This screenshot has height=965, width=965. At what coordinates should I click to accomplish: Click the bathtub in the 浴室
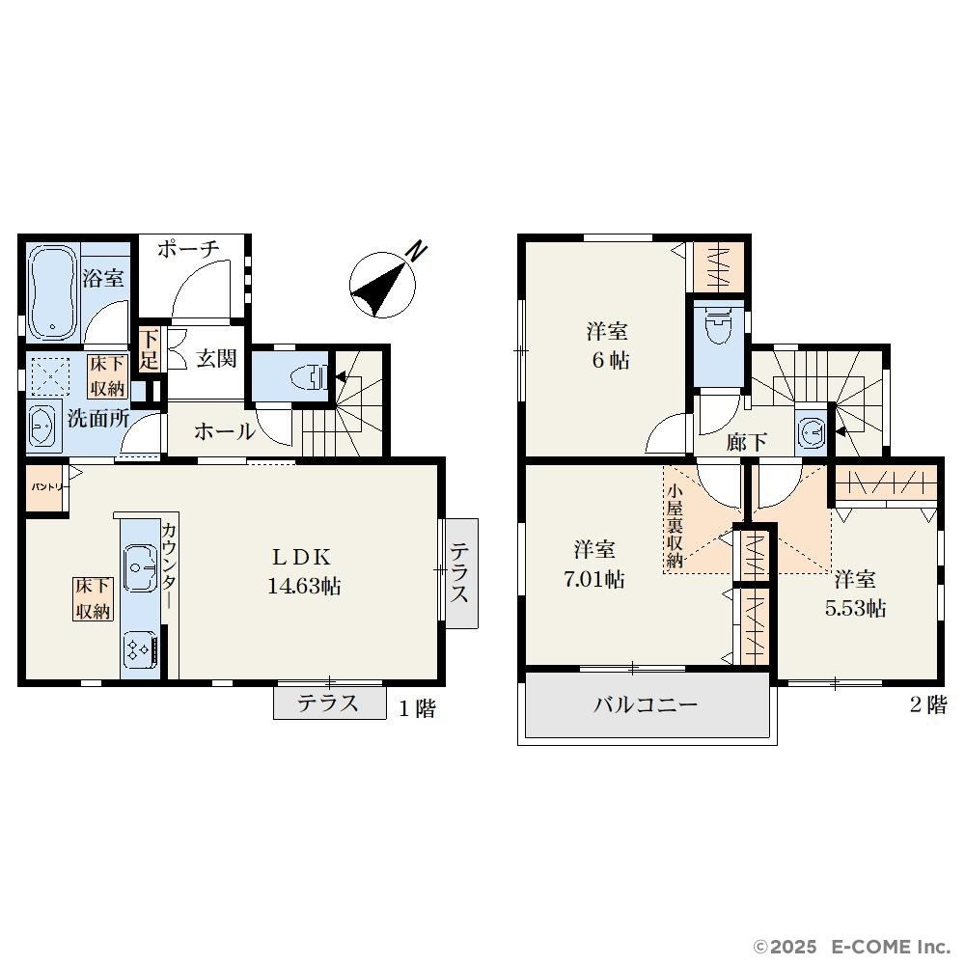pos(53,291)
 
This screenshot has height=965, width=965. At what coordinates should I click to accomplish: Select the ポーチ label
pos(188,249)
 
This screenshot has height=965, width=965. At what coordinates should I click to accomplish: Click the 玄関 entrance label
pos(216,358)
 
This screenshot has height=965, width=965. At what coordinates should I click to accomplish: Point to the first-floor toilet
pos(312,376)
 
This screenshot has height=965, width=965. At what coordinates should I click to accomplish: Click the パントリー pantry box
pos(46,486)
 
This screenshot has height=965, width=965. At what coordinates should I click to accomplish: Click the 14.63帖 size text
pos(304,586)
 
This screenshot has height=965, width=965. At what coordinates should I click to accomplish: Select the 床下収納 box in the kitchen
pos(93,598)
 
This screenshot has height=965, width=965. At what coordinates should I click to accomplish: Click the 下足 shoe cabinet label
pos(149,349)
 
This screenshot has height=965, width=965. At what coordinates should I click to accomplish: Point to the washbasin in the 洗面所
pos(43,426)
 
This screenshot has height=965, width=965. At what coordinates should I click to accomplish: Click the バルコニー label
pos(646,703)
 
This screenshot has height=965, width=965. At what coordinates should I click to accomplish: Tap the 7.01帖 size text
pos(593,579)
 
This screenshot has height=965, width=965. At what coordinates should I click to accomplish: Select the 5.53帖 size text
pos(855,608)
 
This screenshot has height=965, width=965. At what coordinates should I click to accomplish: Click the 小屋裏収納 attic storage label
pos(675,526)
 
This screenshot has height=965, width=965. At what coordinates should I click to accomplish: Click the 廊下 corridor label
pos(746,441)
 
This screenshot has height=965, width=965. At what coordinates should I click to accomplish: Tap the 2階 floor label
pos(928,704)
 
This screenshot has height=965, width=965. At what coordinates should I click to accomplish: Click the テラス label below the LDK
pos(328,703)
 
